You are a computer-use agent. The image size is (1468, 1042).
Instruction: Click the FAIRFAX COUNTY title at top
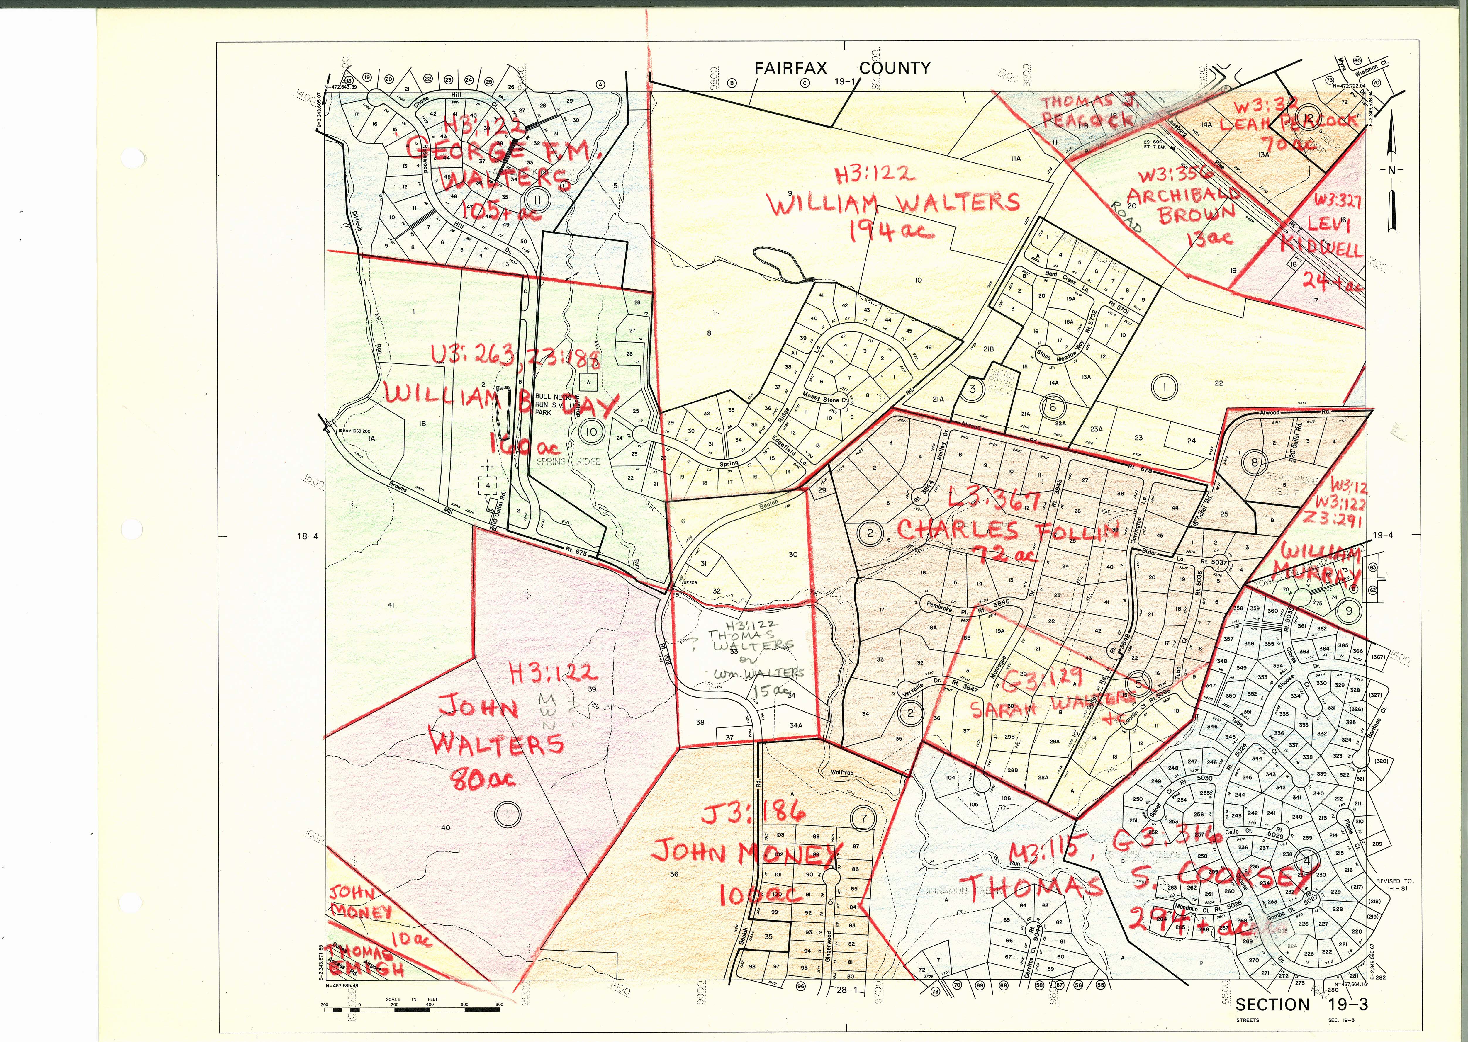tap(842, 68)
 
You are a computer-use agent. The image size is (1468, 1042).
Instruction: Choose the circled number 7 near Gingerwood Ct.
tap(863, 818)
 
